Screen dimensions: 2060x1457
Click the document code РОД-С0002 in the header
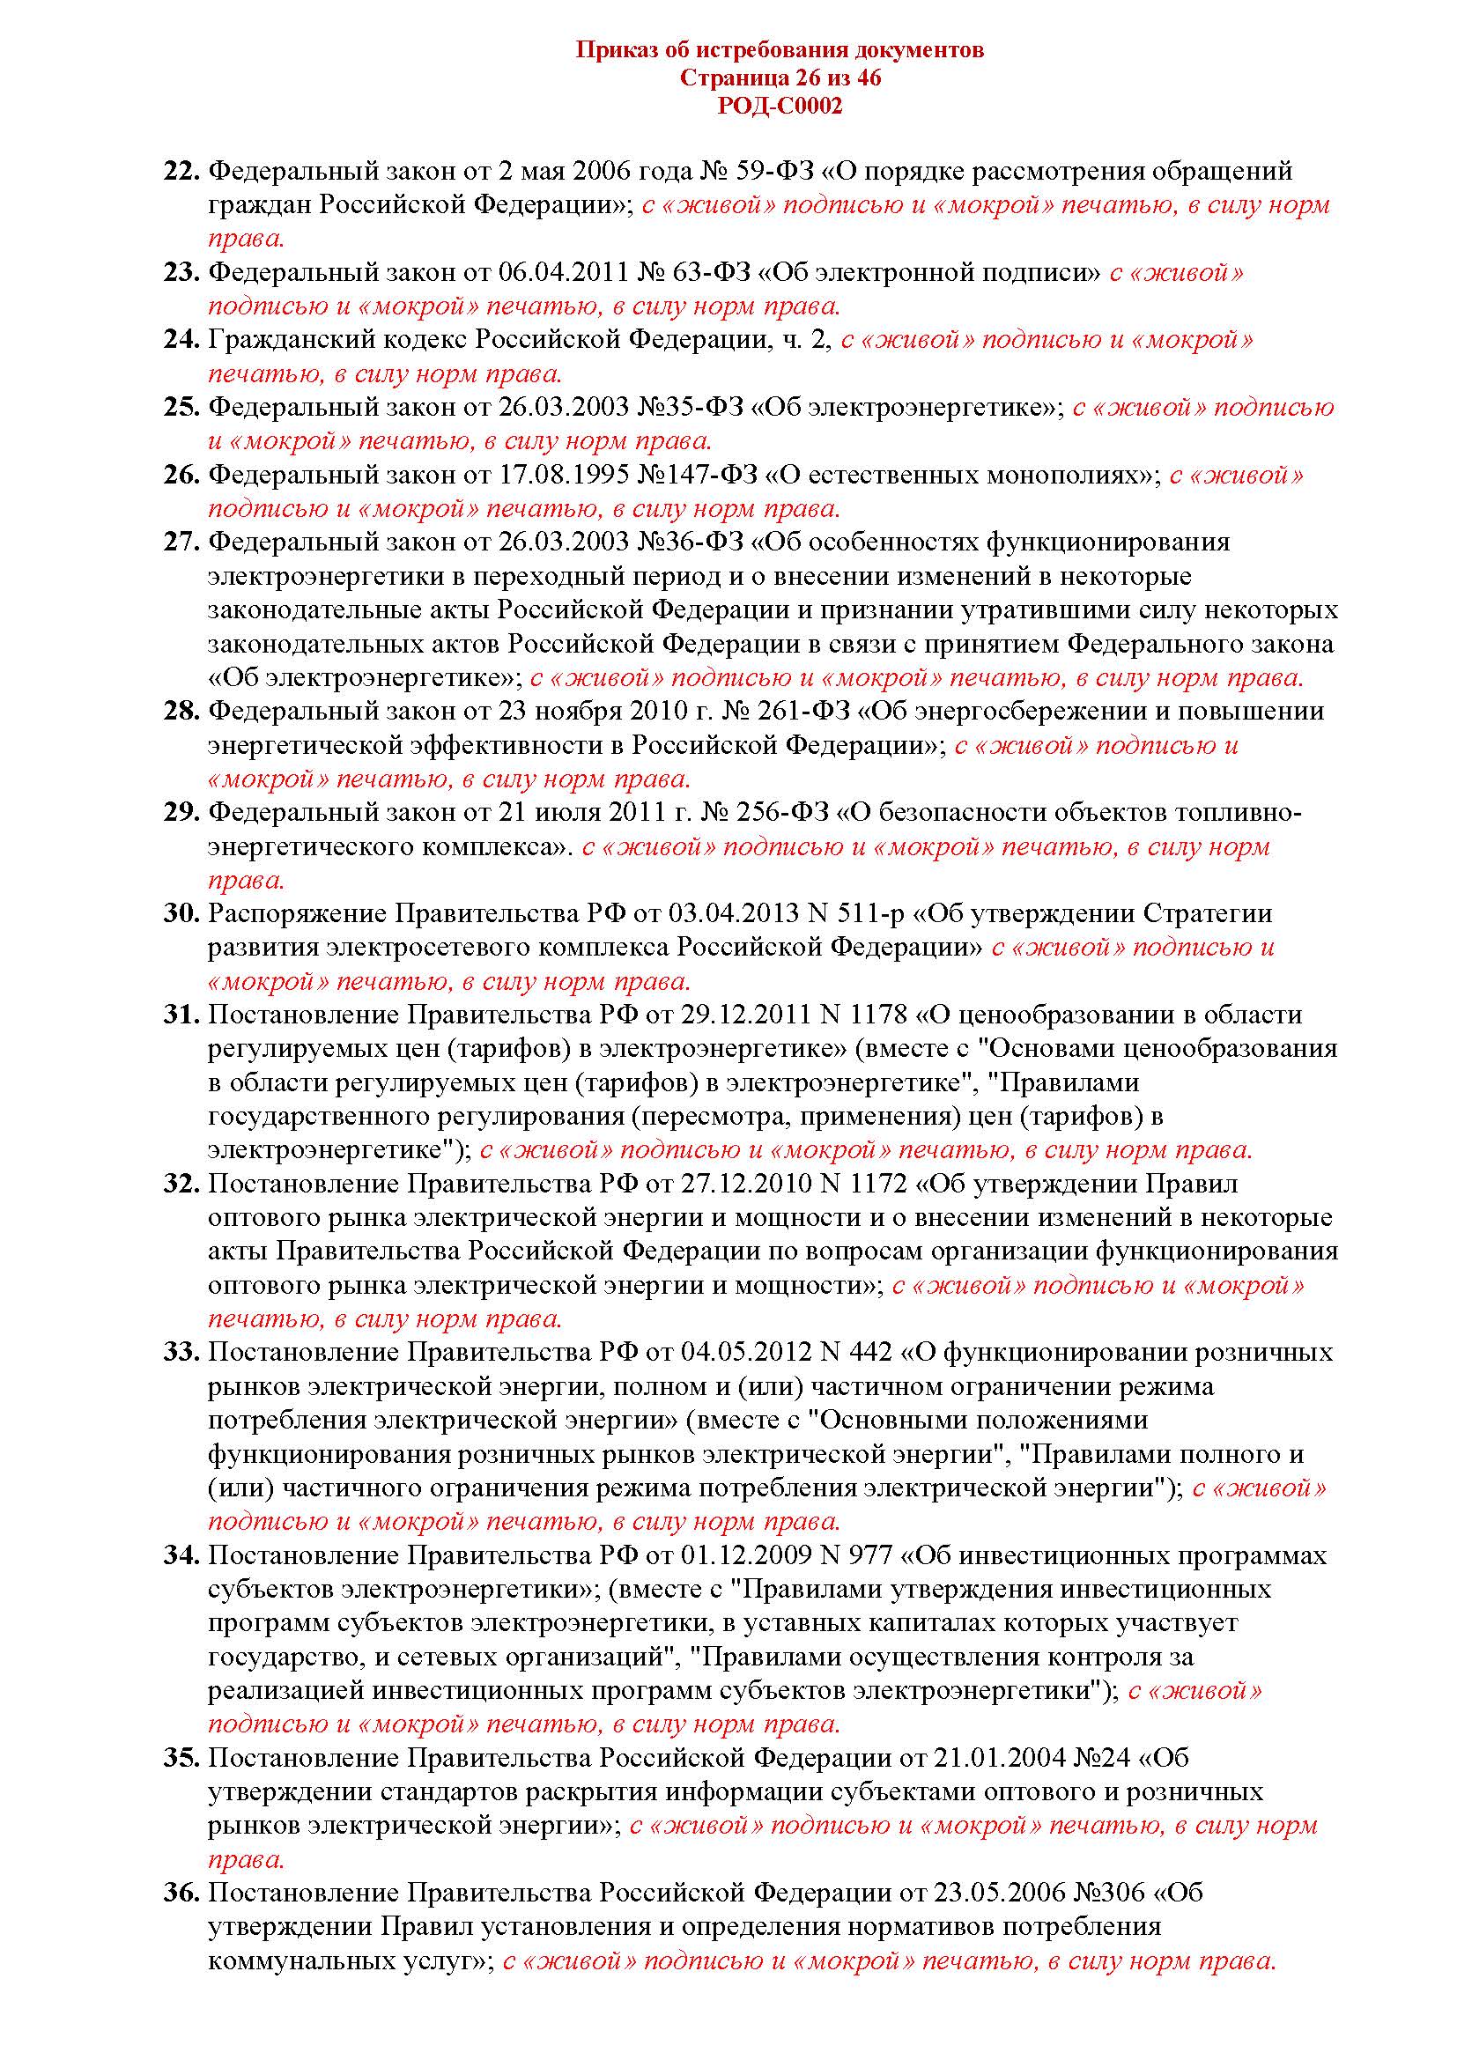pyautogui.click(x=780, y=107)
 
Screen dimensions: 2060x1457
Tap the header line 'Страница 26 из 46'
pyautogui.click(x=780, y=78)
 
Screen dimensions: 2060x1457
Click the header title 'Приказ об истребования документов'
pyautogui.click(x=780, y=49)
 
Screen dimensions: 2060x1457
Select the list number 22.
pyautogui.click(x=181, y=171)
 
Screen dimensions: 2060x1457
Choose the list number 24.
pyautogui.click(x=181, y=339)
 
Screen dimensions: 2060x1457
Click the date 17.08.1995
pyautogui.click(x=561, y=475)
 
